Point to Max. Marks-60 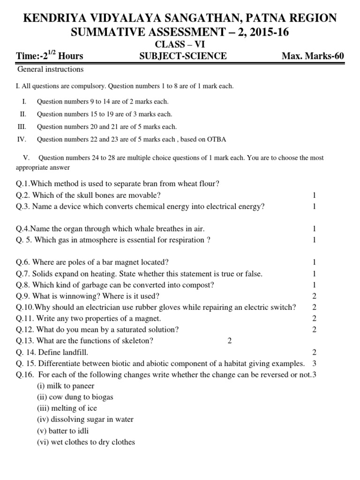click(x=313, y=56)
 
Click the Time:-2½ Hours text click(x=49, y=56)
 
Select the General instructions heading click(x=50, y=69)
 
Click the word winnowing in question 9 click(x=79, y=296)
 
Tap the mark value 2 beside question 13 click(x=230, y=341)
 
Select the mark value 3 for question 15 click(x=315, y=363)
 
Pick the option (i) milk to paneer click(x=66, y=386)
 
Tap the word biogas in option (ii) click(x=102, y=397)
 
